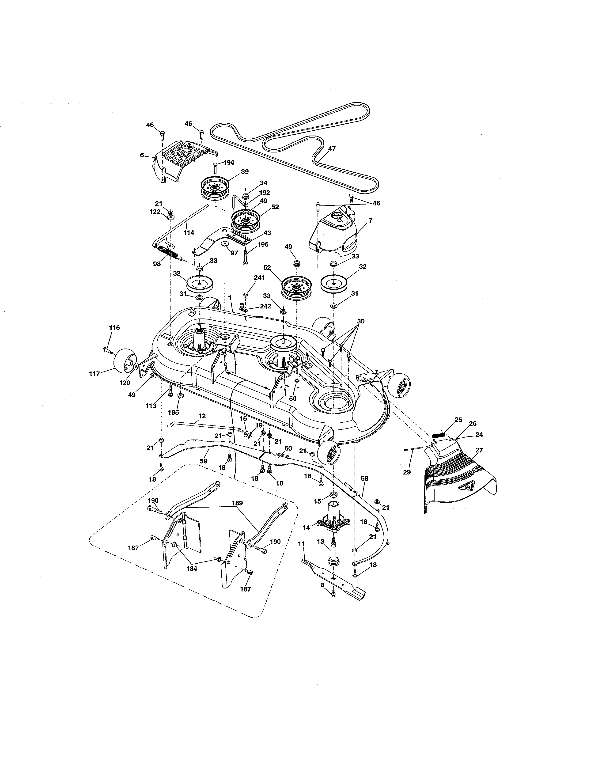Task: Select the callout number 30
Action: pyautogui.click(x=361, y=321)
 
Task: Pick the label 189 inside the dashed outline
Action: pyautogui.click(x=237, y=503)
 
